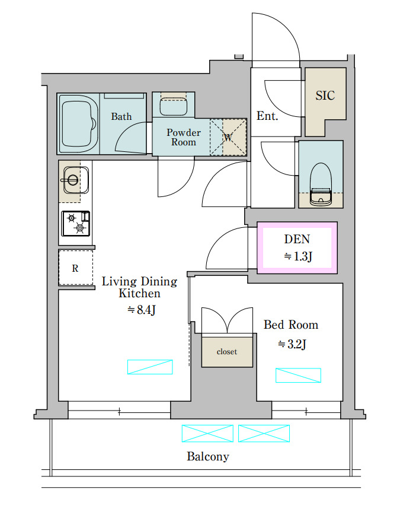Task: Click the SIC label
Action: coord(325,96)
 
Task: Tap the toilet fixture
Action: coord(321,184)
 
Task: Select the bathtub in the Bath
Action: coord(79,124)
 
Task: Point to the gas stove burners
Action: coord(76,224)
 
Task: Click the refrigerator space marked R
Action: coord(76,268)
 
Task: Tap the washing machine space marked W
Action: coord(228,137)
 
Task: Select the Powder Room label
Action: coord(184,137)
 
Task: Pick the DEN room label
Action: coord(297,239)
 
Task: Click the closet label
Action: coord(227,351)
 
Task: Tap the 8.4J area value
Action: coord(141,310)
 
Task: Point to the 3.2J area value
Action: coord(292,344)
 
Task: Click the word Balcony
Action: coord(208,456)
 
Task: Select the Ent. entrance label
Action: coord(267,116)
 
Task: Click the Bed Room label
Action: coord(291,325)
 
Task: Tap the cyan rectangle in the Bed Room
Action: coord(298,375)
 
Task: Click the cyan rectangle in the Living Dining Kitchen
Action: coord(150,367)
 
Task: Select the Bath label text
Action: coord(121,116)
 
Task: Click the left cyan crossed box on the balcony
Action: coord(207,433)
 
